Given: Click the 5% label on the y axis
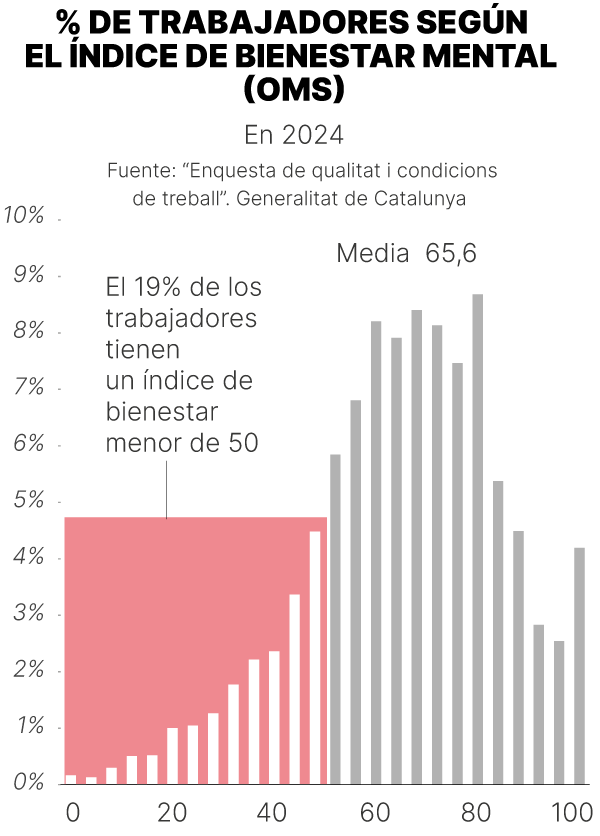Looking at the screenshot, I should [24, 501].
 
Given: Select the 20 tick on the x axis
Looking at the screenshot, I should [173, 811].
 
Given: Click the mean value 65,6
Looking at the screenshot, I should [451, 254].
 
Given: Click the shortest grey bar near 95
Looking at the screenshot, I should [559, 711].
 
